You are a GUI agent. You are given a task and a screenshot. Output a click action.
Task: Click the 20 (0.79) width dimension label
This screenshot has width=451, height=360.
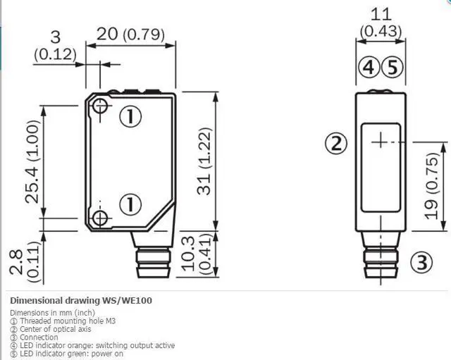[130, 35]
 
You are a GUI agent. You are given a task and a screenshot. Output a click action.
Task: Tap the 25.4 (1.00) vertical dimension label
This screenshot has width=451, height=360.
[32, 161]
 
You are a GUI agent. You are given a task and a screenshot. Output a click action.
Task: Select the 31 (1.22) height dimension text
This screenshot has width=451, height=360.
[204, 161]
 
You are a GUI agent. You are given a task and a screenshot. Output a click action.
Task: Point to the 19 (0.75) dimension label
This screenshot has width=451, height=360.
[431, 186]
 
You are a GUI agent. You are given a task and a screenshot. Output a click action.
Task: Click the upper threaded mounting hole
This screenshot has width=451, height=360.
[100, 106]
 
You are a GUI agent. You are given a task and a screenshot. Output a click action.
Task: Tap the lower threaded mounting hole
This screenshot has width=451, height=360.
[100, 218]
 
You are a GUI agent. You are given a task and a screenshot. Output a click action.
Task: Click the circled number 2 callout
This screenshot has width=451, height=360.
[336, 143]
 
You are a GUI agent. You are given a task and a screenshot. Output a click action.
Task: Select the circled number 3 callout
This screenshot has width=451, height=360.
[421, 262]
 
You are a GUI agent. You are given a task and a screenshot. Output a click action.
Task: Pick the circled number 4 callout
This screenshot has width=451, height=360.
[369, 68]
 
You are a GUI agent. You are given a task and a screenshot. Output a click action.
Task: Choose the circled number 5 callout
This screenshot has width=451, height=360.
[393, 68]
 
